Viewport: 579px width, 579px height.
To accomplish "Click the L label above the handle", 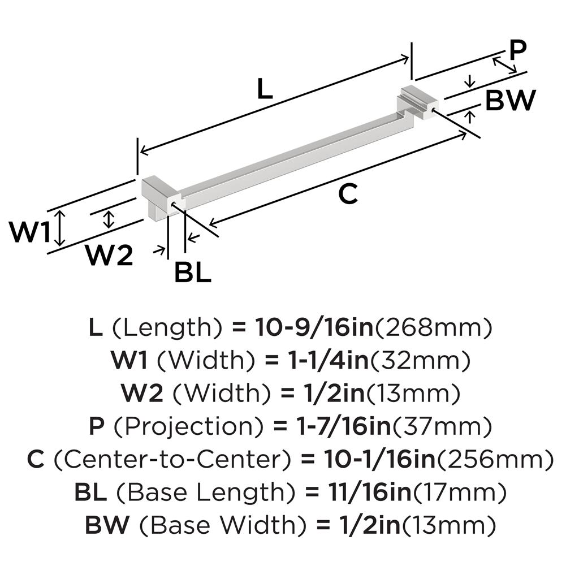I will click(x=265, y=89).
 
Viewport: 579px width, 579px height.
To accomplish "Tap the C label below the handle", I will click(x=348, y=195).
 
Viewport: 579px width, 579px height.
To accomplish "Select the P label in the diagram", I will click(x=517, y=51).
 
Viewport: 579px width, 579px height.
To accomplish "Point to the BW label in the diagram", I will click(x=510, y=101).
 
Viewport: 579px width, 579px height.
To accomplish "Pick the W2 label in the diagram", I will click(x=109, y=256).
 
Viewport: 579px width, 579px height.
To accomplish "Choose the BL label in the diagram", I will click(x=192, y=273).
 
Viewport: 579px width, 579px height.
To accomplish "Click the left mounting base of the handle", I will click(x=160, y=195).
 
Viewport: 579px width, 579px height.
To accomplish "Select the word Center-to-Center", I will click(x=169, y=460).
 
